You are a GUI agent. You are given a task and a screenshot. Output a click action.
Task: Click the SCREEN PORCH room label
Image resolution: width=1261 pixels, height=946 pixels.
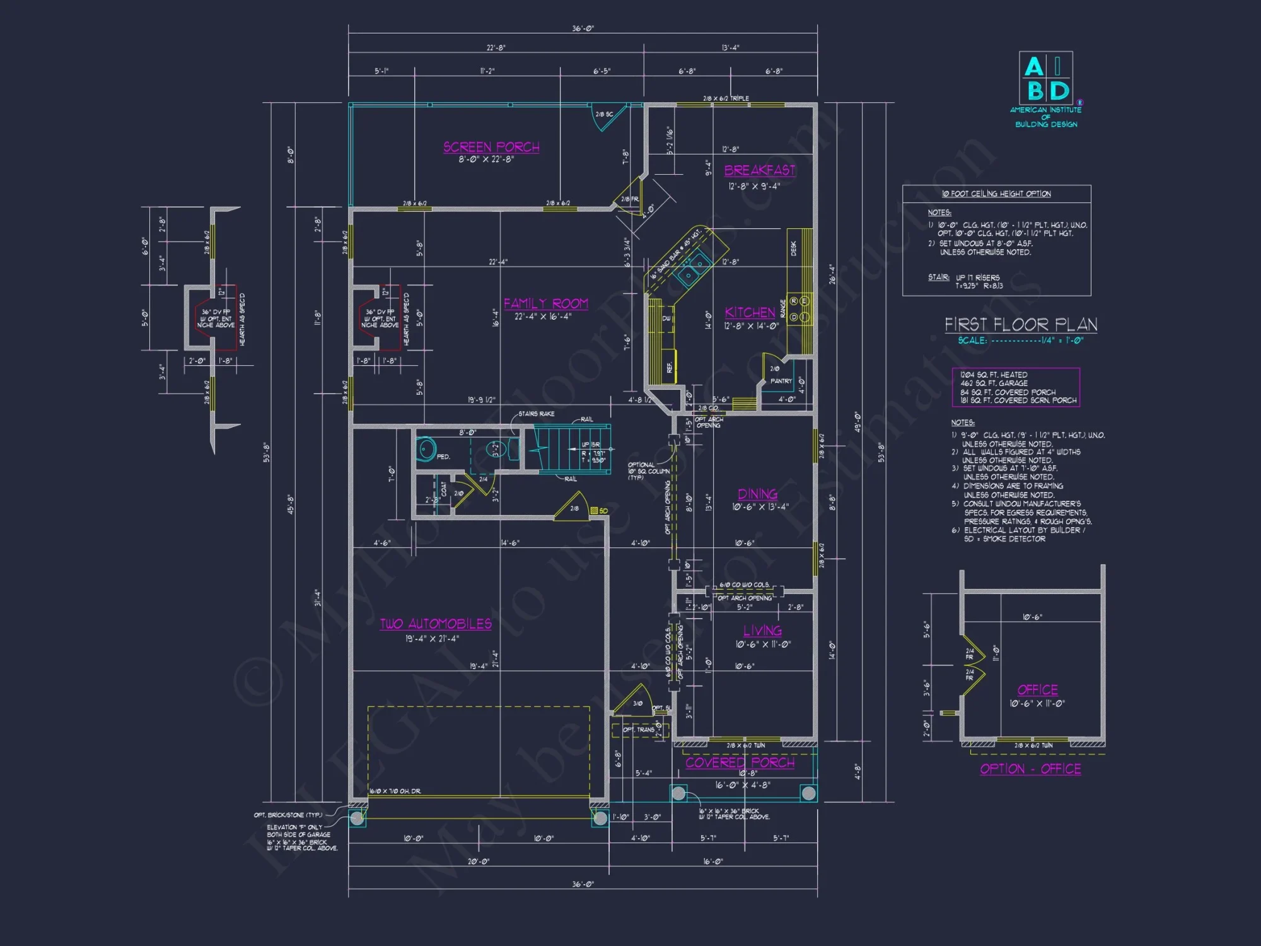(x=491, y=147)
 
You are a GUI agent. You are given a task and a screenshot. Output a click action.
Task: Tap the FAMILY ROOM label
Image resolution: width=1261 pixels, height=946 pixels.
(x=545, y=303)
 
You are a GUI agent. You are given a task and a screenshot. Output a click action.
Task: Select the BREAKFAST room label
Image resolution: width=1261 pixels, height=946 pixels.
(x=759, y=170)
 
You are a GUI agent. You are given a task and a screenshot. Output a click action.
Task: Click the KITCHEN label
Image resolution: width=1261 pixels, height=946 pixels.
(x=750, y=312)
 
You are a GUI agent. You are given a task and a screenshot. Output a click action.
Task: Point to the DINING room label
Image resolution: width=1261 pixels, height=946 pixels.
(x=757, y=494)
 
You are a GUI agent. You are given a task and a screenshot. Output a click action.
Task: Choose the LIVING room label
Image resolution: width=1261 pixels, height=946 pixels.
(x=762, y=631)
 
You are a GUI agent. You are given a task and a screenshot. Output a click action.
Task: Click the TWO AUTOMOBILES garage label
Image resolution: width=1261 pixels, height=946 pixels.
(x=436, y=624)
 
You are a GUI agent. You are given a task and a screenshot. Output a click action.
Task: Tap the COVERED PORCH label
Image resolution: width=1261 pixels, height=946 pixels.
(x=740, y=762)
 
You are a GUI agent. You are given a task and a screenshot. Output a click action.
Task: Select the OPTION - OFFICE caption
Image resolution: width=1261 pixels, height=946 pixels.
(x=1030, y=769)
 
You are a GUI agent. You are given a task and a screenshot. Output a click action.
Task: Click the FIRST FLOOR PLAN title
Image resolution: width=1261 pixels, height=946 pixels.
(x=1021, y=325)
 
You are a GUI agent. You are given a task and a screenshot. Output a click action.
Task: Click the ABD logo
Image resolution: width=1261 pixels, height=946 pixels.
(x=1046, y=78)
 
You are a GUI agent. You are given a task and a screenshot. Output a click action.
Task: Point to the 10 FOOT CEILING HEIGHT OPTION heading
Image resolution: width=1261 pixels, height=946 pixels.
(x=996, y=194)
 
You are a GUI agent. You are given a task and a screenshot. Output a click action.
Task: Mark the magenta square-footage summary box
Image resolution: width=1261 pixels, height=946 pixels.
(x=1016, y=387)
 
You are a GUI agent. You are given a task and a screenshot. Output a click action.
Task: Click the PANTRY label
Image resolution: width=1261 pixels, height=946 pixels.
(x=781, y=381)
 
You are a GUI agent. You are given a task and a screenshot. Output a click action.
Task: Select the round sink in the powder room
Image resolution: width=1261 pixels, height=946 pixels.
(x=427, y=449)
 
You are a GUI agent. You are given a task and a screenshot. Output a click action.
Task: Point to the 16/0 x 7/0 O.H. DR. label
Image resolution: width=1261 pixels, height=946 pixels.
(x=395, y=791)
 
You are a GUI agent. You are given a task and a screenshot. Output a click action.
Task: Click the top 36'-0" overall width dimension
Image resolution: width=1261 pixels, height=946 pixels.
(x=583, y=28)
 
